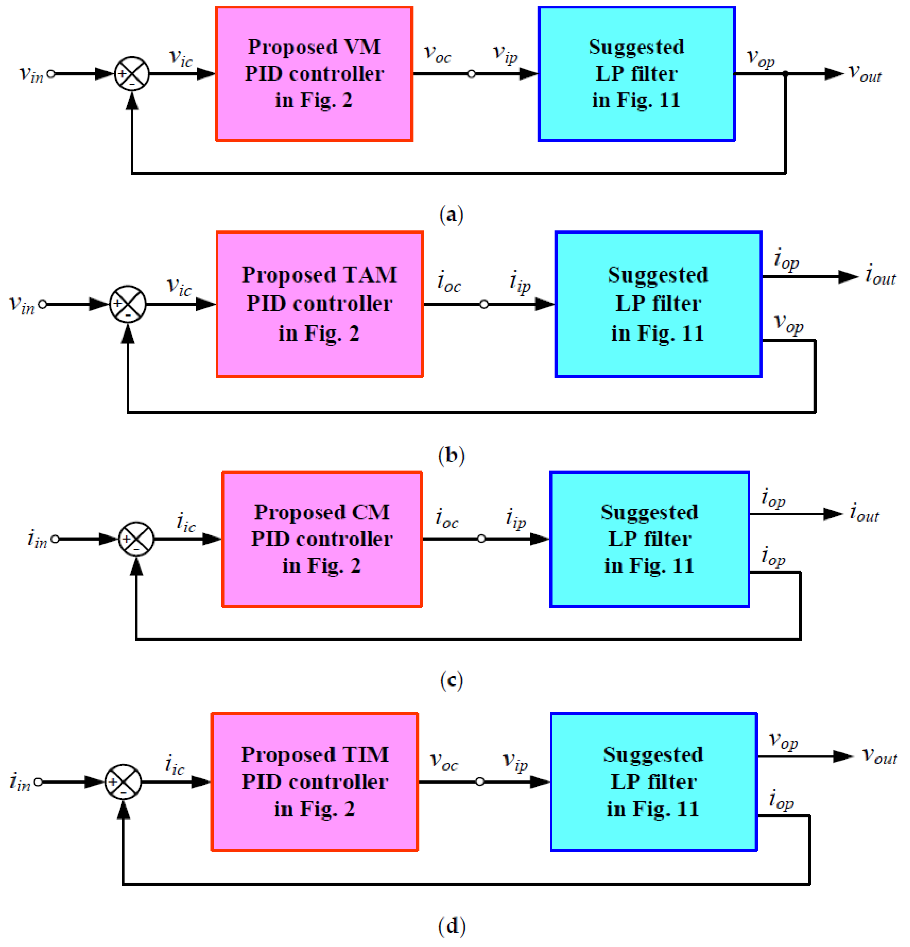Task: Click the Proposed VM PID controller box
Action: pyautogui.click(x=314, y=74)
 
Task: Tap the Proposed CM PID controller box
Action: pyautogui.click(x=322, y=539)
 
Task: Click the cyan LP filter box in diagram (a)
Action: pyautogui.click(x=636, y=74)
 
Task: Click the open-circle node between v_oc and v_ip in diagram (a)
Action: pyautogui.click(x=472, y=74)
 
